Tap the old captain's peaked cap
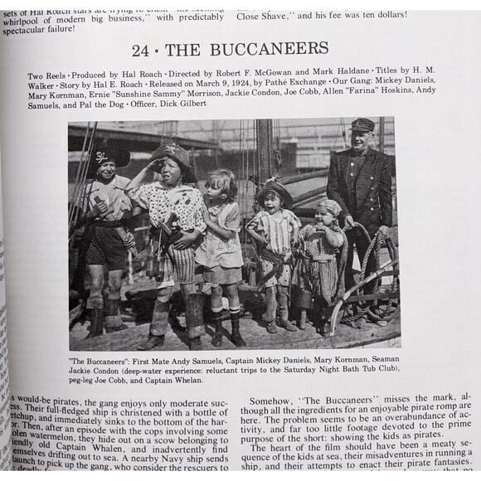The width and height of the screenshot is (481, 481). (362, 125)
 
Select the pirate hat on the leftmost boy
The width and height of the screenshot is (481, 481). (107, 154)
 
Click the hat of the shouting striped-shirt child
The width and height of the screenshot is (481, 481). (274, 189)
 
